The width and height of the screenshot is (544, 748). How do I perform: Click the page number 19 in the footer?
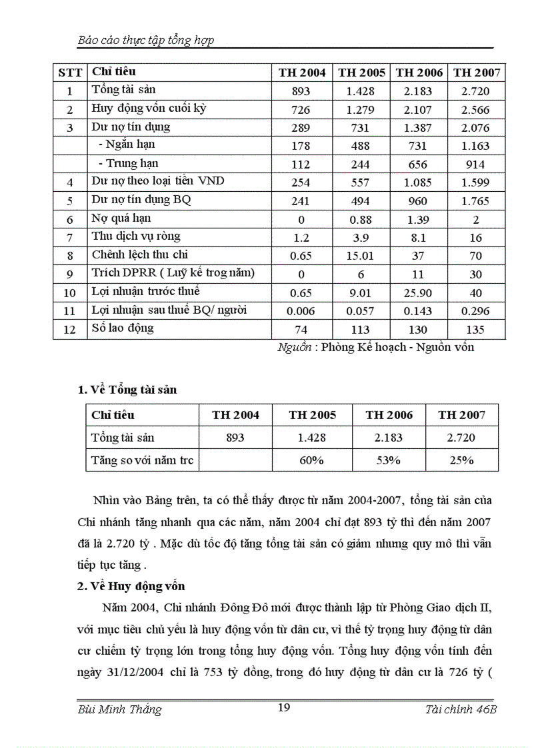283,707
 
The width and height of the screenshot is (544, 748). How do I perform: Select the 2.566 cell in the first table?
475,110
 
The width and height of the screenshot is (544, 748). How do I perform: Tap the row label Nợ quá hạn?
121,218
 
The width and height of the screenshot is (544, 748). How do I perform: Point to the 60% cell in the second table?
312,460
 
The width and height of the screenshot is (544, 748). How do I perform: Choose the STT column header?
70,73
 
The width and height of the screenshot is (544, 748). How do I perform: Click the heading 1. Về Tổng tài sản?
127,390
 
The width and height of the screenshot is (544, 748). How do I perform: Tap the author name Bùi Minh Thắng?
120,709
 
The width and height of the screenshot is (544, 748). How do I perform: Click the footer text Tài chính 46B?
461,709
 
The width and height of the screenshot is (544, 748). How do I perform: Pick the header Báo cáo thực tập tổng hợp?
146,41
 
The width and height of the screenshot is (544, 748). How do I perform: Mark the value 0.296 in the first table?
475,311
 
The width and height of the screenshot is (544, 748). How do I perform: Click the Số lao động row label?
123,328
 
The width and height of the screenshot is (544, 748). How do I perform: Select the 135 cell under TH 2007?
475,330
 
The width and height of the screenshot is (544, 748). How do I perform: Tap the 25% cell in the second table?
461,460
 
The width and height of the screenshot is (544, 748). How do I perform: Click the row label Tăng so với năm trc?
141,460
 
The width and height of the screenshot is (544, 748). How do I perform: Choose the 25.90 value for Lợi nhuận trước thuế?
418,293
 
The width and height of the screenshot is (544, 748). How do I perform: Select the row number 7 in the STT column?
70,237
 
